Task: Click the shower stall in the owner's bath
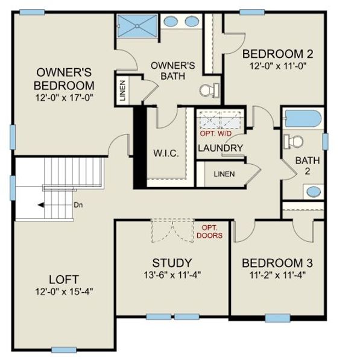click(x=136, y=26)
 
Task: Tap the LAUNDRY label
click(x=220, y=148)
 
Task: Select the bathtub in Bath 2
click(x=303, y=119)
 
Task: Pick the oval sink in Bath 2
click(x=314, y=191)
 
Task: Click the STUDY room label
click(x=172, y=262)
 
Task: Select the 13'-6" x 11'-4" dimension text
click(x=172, y=276)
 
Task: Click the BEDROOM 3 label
click(x=277, y=263)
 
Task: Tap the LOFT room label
click(x=64, y=279)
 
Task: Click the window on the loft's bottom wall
click(x=64, y=349)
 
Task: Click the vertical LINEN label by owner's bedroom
click(x=122, y=91)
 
